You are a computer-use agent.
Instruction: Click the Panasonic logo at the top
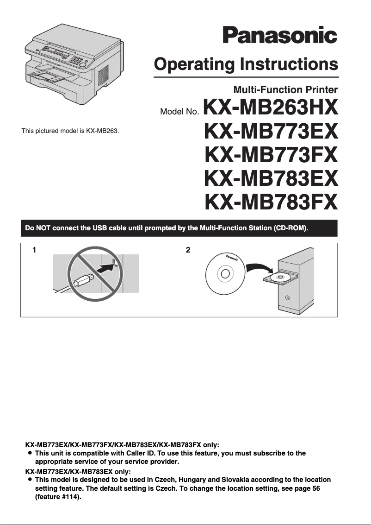tap(280, 35)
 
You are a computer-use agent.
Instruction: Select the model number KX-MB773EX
tap(271, 132)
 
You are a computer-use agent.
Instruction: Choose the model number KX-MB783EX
tap(271, 178)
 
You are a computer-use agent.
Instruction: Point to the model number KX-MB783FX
tap(271, 202)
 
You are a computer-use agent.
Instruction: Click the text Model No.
tap(179, 112)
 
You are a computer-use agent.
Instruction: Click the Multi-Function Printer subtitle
tap(285, 89)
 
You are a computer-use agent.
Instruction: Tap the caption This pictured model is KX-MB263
tap(70, 131)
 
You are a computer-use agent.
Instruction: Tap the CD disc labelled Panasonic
tap(225, 273)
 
